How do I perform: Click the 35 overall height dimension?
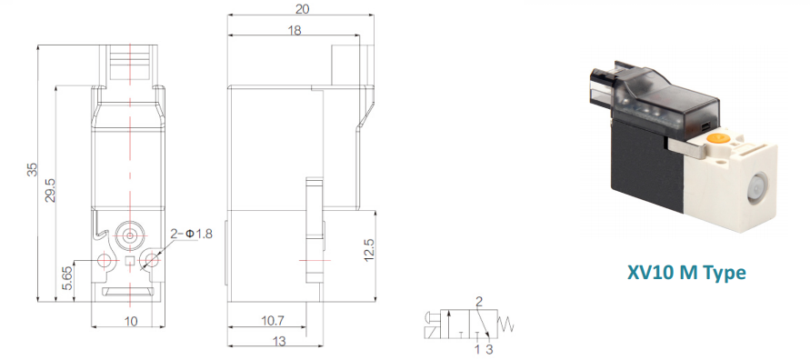tap(33, 170)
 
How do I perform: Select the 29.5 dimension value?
tap(51, 190)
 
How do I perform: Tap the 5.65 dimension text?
tap(67, 279)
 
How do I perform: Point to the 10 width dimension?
tap(131, 321)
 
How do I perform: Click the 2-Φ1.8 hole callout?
tap(191, 234)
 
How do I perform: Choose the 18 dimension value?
tap(295, 30)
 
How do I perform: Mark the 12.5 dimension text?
tap(369, 250)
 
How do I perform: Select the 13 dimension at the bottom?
tap(278, 342)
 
